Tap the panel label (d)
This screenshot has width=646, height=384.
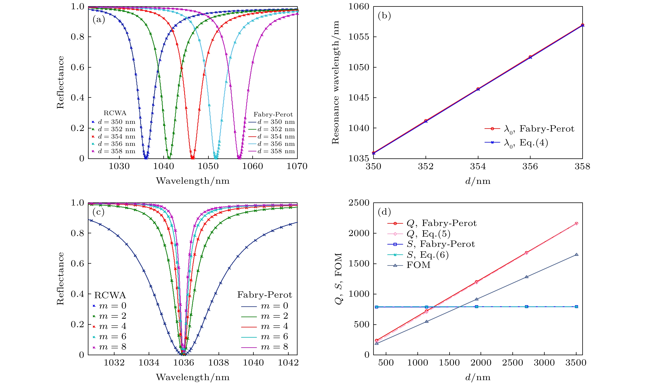pos(384,212)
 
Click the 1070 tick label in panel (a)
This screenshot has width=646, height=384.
pos(297,166)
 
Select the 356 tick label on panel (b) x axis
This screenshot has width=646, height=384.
pos(530,166)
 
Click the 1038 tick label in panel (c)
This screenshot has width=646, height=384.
pos(219,363)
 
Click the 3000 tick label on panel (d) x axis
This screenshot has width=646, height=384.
pos(544,363)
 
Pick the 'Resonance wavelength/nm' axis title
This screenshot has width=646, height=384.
pos(335,82)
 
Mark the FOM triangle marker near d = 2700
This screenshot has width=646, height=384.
pos(526,277)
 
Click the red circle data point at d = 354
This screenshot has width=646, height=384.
pos(478,89)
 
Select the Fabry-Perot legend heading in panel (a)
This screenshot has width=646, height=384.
pos(273,114)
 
